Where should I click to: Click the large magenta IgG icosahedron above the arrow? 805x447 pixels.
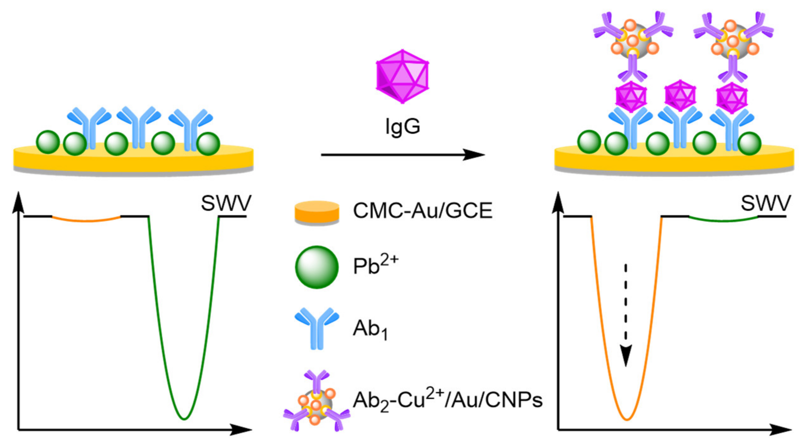tap(402, 76)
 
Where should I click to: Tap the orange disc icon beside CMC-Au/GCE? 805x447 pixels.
tap(317, 212)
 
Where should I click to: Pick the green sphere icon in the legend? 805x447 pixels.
tap(317, 267)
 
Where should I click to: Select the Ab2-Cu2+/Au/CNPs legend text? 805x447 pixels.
tap(447, 400)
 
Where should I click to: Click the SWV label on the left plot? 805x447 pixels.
tap(226, 203)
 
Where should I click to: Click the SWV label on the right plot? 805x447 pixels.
tap(765, 203)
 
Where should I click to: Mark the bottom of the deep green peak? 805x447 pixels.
tap(184, 419)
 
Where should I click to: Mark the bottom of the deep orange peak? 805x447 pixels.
tap(627, 419)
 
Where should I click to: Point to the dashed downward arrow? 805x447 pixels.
tap(626, 316)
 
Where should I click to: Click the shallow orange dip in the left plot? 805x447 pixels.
tap(86, 220)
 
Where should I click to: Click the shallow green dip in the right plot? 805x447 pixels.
tap(723, 220)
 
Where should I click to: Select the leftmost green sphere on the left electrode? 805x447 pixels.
tap(48, 142)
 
